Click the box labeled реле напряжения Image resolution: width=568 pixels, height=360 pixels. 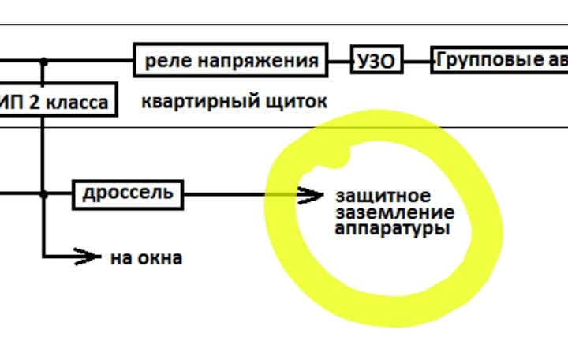click(230, 61)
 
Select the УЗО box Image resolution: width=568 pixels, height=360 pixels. click(376, 61)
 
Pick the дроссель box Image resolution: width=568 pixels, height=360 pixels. click(128, 193)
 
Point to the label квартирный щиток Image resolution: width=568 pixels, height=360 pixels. click(234, 102)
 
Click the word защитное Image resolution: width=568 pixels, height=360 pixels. click(383, 196)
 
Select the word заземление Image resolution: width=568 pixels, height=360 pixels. click(394, 212)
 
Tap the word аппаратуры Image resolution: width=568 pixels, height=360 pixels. click(391, 229)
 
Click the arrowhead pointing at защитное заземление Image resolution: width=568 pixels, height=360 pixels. click(312, 194)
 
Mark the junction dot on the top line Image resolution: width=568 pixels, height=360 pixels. click(43, 61)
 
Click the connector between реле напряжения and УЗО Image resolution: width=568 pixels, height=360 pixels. click(339, 61)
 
